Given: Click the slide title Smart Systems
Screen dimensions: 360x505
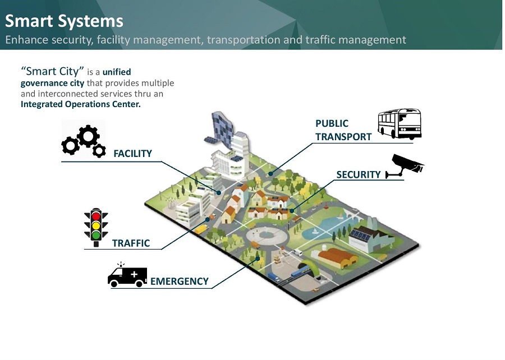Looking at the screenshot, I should coord(64,21).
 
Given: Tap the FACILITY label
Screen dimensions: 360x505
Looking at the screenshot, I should coord(132,154).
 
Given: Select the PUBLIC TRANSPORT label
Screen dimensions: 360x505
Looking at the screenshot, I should coord(343,130).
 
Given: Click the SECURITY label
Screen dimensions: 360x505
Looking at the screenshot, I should coord(358,174).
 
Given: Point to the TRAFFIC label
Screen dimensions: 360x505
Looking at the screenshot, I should coord(131,243).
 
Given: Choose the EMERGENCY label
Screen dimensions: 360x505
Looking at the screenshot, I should coord(179,281).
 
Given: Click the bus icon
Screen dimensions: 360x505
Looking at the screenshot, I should coord(399,124).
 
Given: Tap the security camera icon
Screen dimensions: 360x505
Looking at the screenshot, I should coord(407,165).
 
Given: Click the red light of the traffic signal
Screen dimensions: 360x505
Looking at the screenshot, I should coord(96,216).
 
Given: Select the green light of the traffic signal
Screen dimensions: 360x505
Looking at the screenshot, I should coord(96,235).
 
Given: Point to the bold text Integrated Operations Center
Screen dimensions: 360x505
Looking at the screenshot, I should coord(80,104).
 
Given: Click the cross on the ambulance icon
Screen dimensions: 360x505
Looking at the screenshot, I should coord(134,275).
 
